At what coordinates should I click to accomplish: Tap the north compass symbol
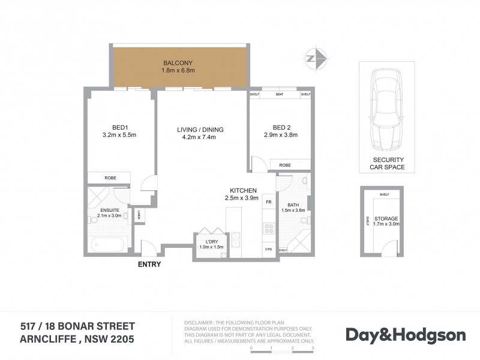pos(316,58)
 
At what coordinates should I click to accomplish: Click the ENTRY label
pos(149,264)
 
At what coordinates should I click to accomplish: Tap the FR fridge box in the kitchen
pos(269,203)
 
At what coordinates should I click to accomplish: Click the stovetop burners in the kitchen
pos(269,228)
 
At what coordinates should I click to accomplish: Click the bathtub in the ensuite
pos(108,245)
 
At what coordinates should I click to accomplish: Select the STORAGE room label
pos(386,219)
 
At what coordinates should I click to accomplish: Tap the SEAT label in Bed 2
pos(280,95)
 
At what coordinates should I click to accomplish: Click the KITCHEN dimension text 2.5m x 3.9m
pos(242,197)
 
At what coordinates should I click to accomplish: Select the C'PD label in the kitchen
pos(269,249)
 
